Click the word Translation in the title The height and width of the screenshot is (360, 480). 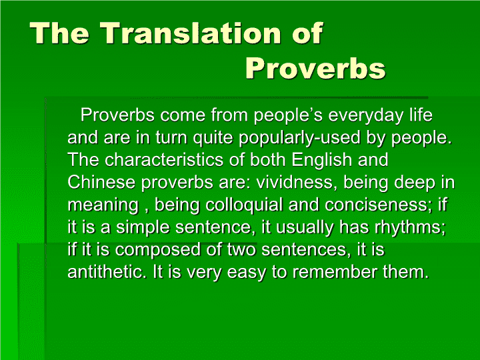(191, 33)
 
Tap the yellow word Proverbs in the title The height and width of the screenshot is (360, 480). (315, 68)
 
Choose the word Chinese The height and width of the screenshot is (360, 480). (101, 182)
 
